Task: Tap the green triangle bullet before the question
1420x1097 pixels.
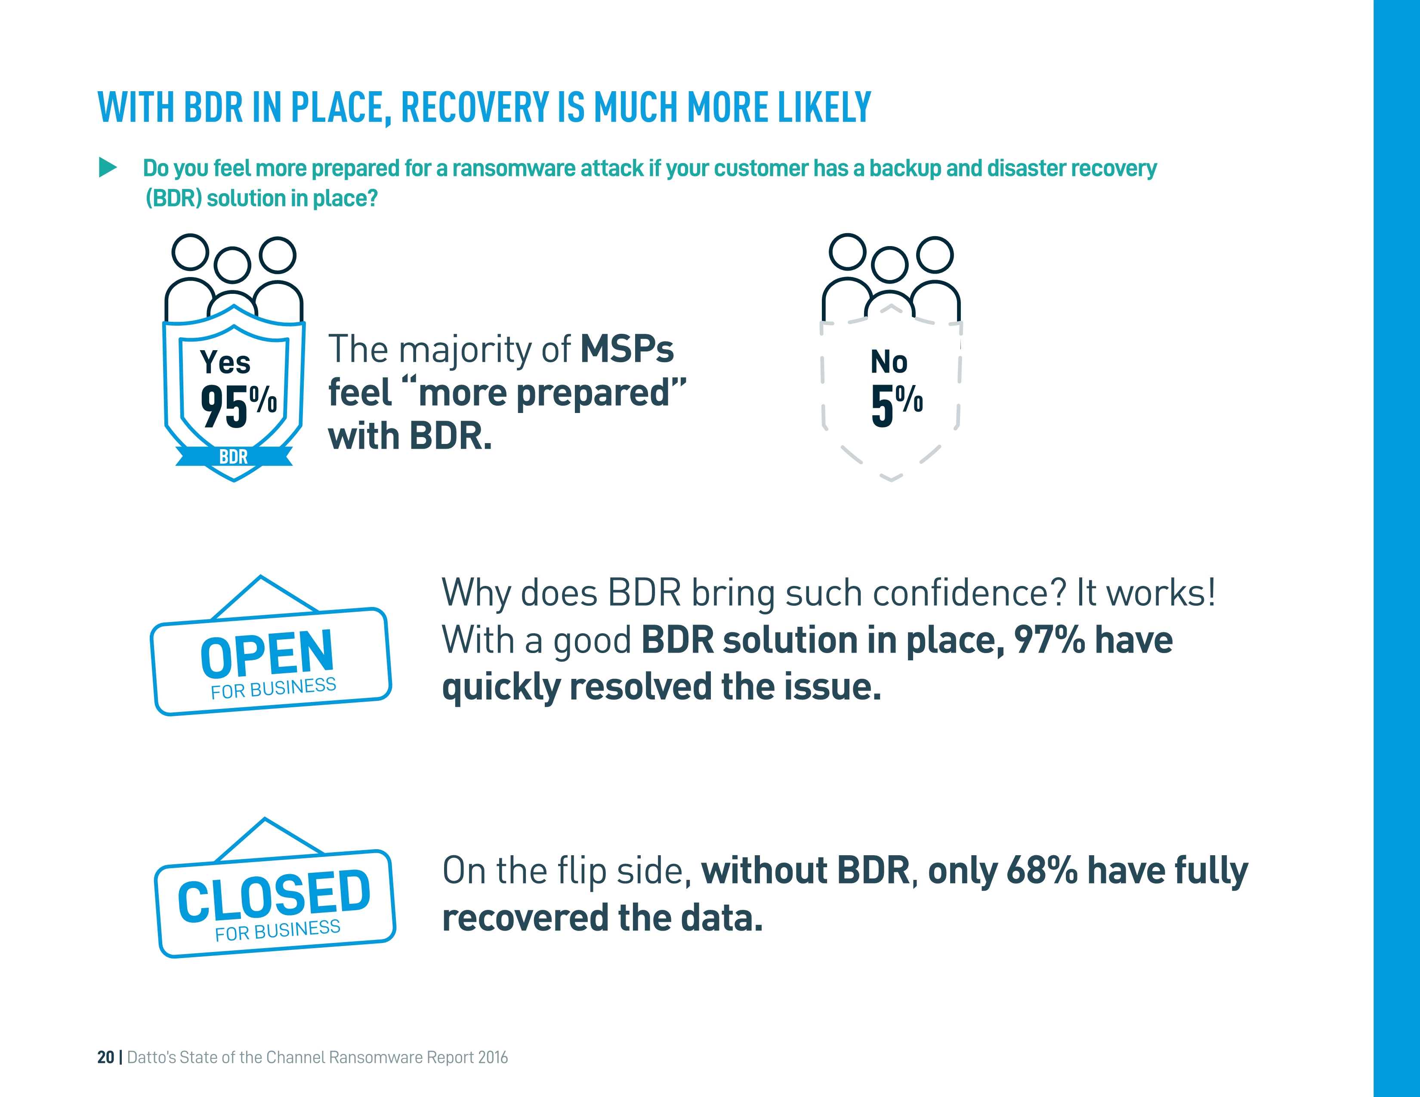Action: coord(107,168)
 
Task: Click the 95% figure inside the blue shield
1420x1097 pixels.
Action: coord(238,406)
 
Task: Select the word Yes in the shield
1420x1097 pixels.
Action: coord(225,362)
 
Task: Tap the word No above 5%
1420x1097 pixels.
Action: coord(889,361)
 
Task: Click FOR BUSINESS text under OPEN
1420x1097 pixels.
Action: coord(273,687)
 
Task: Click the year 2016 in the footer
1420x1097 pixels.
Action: coord(493,1057)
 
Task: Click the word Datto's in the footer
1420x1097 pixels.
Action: coord(151,1057)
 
